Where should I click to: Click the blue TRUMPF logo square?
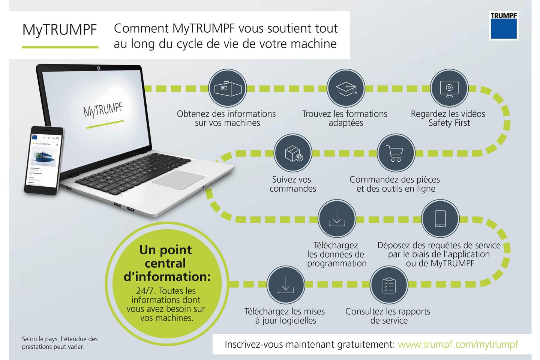click(x=504, y=28)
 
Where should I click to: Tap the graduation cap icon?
click(x=346, y=88)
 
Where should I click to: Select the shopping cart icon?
click(x=396, y=153)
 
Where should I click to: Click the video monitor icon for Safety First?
click(x=449, y=88)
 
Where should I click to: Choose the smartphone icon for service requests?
click(x=440, y=219)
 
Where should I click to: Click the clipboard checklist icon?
click(x=389, y=285)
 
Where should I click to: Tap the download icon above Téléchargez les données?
click(x=337, y=219)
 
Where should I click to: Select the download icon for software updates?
click(x=285, y=285)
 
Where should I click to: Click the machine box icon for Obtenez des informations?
click(x=227, y=88)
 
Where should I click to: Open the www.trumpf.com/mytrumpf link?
click(x=458, y=344)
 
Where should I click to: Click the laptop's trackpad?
click(x=179, y=180)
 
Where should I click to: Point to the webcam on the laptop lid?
click(x=98, y=68)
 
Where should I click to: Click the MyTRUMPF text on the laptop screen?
click(x=103, y=110)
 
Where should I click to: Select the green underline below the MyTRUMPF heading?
click(x=60, y=47)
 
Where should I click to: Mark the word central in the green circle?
click(x=165, y=263)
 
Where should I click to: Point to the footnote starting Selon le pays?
click(x=60, y=343)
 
